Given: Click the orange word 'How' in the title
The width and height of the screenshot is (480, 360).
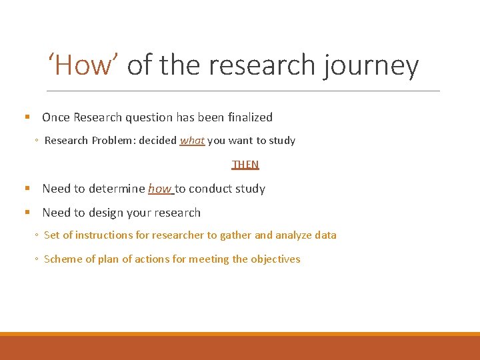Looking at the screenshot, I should pyautogui.click(x=84, y=65).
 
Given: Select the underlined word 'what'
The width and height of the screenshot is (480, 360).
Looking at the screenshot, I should pyautogui.click(x=192, y=141).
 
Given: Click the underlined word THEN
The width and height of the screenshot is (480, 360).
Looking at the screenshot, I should pyautogui.click(x=245, y=164).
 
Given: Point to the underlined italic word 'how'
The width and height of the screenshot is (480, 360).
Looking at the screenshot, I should pyautogui.click(x=159, y=189).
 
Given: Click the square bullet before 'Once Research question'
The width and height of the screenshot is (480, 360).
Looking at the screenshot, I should pyautogui.click(x=27, y=117).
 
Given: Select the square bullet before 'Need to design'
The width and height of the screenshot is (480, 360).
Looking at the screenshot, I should pyautogui.click(x=27, y=213).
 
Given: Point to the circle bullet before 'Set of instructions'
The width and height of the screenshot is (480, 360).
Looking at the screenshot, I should pyautogui.click(x=36, y=235).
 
